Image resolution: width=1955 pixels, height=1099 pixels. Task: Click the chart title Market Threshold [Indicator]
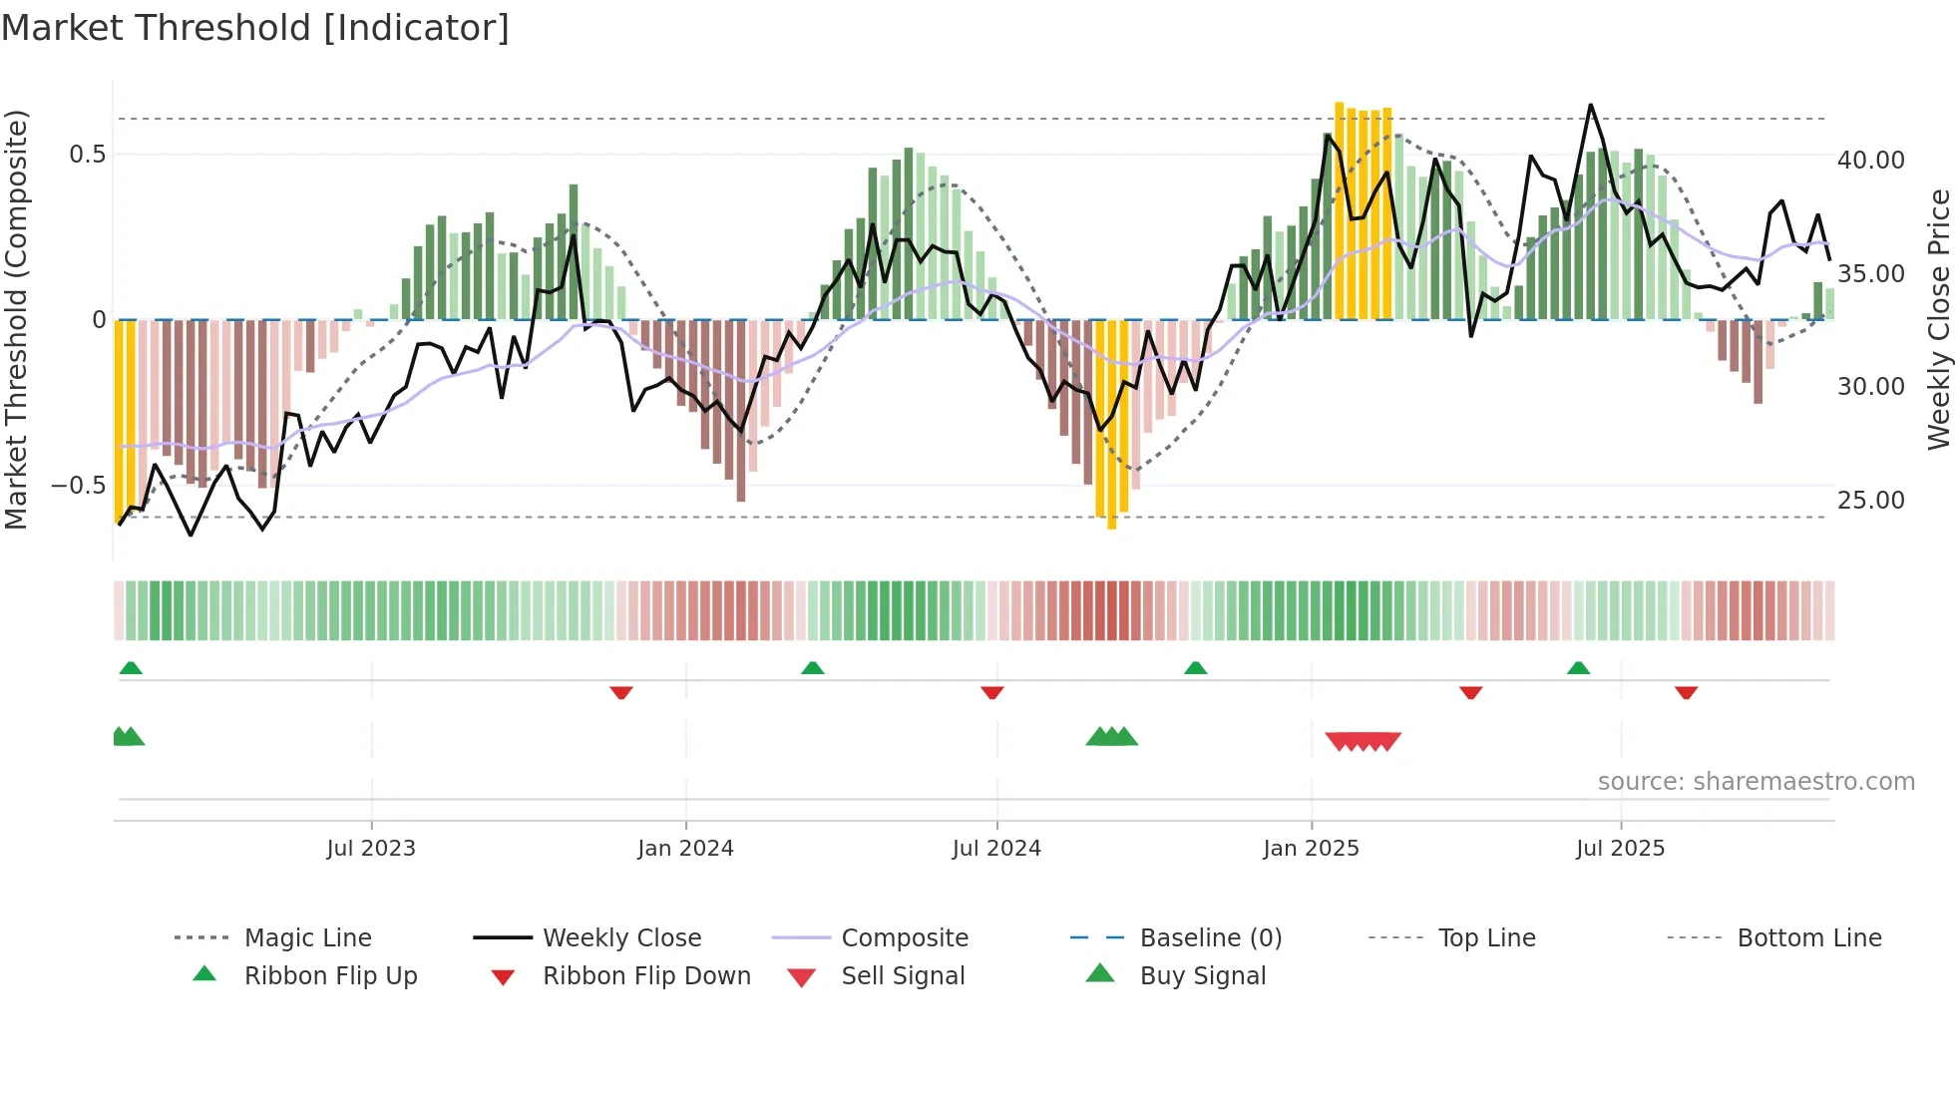[x=255, y=28]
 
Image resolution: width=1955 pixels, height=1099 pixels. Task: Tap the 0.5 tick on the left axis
[x=88, y=155]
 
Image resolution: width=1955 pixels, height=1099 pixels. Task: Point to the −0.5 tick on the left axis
[x=79, y=486]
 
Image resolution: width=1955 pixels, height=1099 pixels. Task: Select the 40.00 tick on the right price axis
[x=1870, y=161]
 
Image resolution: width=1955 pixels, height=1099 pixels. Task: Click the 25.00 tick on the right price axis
[x=1870, y=501]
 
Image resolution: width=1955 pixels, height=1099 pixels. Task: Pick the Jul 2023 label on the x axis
[x=371, y=849]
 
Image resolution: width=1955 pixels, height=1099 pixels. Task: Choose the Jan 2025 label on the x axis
[x=1311, y=849]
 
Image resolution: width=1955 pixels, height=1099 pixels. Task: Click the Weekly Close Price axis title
[x=1938, y=319]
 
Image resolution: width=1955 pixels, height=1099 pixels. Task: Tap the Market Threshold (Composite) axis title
[x=16, y=319]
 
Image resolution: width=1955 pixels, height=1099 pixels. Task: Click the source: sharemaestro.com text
[x=1756, y=782]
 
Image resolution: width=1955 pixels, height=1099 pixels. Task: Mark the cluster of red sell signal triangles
[x=1363, y=741]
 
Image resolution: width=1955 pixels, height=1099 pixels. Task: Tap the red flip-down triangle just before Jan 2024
[x=621, y=692]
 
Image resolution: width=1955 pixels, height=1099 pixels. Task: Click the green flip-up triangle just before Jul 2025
[x=1578, y=668]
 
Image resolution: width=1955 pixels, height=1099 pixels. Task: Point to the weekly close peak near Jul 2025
[x=1590, y=106]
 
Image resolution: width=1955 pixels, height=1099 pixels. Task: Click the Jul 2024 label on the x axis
[x=996, y=849]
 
